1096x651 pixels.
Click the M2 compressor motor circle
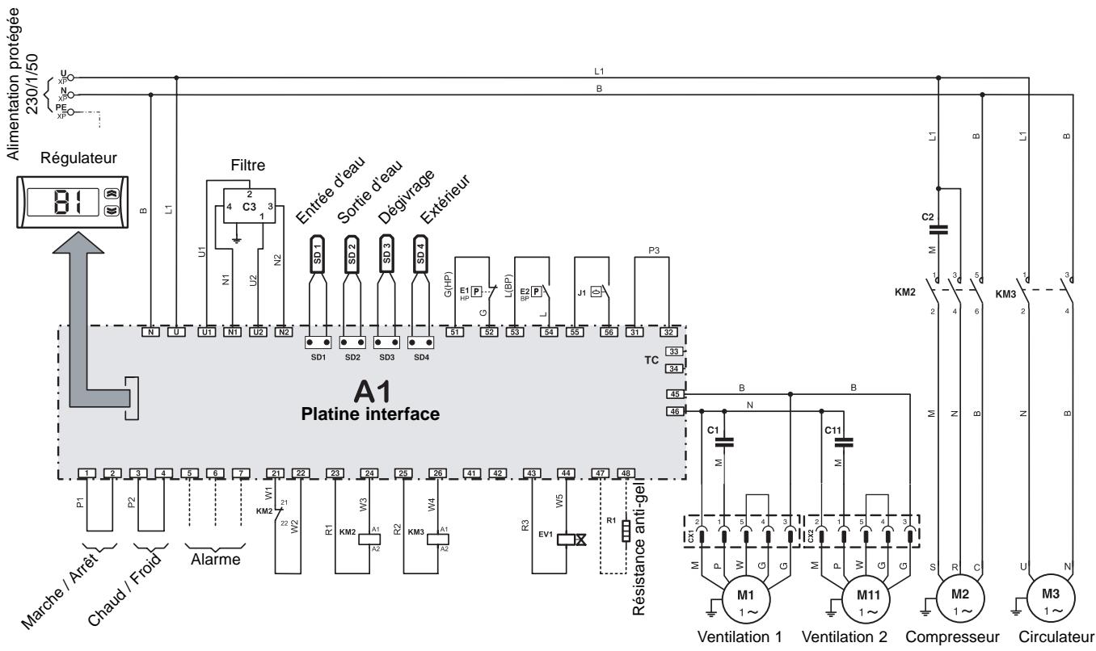(955, 600)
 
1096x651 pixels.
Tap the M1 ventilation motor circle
(745, 600)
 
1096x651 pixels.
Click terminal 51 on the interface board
(455, 332)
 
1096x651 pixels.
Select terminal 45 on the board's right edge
(676, 394)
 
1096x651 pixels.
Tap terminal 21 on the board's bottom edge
(276, 472)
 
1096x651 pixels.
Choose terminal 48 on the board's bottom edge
(625, 472)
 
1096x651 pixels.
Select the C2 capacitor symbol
(938, 228)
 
